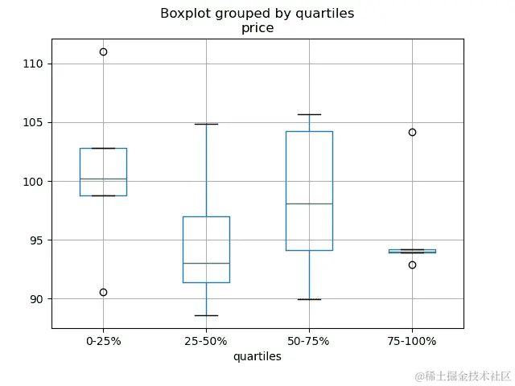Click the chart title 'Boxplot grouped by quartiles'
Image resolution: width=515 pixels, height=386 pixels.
pyautogui.click(x=257, y=14)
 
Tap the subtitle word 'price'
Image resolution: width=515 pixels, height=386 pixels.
pyautogui.click(x=257, y=28)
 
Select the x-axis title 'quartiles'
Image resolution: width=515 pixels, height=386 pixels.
pyautogui.click(x=257, y=356)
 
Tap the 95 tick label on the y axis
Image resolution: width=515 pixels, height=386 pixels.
pyautogui.click(x=37, y=240)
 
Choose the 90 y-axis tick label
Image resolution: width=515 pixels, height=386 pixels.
pyautogui.click(x=37, y=299)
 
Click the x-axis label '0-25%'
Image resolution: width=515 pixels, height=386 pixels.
pyautogui.click(x=103, y=341)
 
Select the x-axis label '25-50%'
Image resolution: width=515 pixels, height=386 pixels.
pyautogui.click(x=206, y=341)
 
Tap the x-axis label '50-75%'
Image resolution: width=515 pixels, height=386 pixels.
pyautogui.click(x=309, y=341)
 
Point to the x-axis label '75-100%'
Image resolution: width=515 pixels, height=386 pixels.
pyautogui.click(x=412, y=341)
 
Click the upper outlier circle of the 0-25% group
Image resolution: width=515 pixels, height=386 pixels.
pyautogui.click(x=103, y=51)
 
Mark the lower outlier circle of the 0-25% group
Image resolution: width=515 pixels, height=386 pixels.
pyautogui.click(x=103, y=292)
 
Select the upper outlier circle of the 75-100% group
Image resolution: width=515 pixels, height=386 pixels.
pyautogui.click(x=412, y=132)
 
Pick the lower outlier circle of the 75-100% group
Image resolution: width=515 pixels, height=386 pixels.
pyautogui.click(x=412, y=265)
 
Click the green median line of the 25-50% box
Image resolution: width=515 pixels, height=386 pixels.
pyautogui.click(x=206, y=263)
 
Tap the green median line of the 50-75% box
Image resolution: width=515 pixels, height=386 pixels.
pyautogui.click(x=309, y=203)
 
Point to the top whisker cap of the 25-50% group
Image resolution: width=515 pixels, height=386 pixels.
pyautogui.click(x=206, y=124)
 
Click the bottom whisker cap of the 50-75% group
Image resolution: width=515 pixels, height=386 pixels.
pyautogui.click(x=309, y=299)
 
